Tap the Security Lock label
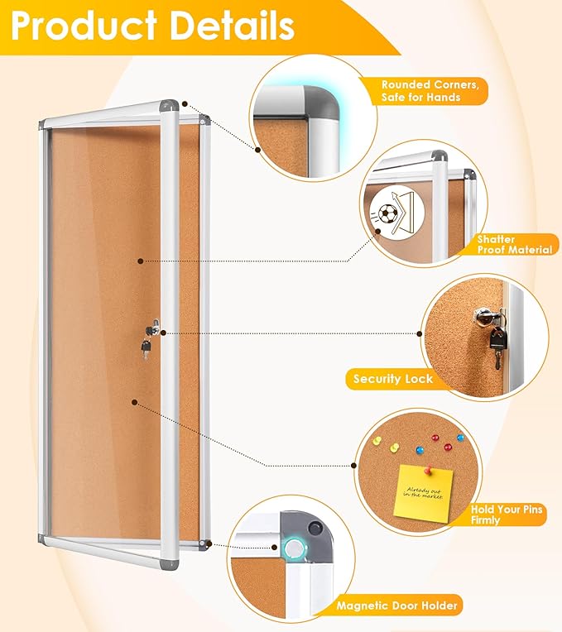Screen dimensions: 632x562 pyautogui.click(x=392, y=379)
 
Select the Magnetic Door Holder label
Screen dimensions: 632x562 pyautogui.click(x=397, y=606)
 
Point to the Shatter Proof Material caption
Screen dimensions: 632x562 pyautogui.click(x=514, y=244)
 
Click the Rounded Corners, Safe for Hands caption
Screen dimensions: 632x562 pyautogui.click(x=430, y=90)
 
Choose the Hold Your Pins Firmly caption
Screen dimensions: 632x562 pyautogui.click(x=507, y=515)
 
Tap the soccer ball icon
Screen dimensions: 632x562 pyautogui.click(x=387, y=214)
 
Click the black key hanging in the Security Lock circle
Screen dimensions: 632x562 pyautogui.click(x=497, y=342)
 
